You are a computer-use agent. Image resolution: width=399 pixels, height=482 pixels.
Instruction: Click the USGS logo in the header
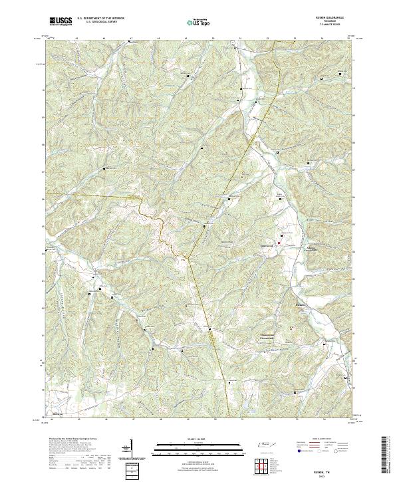(x=61, y=21)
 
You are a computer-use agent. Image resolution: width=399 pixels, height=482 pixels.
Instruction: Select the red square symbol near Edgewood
(x=279, y=244)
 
